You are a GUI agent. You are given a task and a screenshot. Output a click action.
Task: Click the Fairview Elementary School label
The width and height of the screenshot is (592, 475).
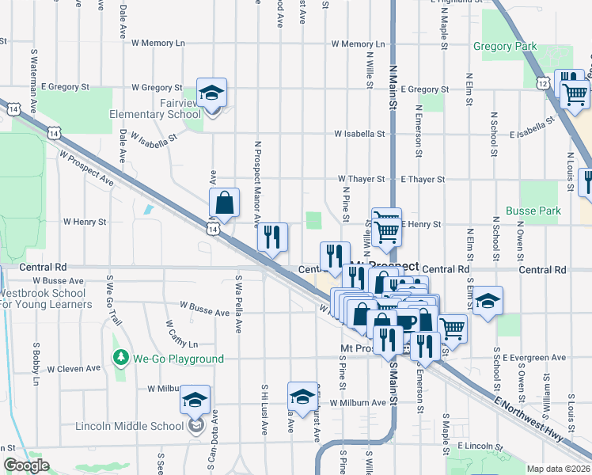coord(155,114)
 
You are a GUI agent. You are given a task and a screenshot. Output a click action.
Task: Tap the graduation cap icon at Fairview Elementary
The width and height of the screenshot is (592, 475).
coord(211,93)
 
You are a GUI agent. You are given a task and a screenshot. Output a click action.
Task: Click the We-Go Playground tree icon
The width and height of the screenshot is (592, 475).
coord(120,359)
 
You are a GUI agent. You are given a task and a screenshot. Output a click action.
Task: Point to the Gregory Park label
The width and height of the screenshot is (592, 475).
coord(505,46)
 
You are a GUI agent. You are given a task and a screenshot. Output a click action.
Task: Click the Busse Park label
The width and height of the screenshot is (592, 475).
coord(533,211)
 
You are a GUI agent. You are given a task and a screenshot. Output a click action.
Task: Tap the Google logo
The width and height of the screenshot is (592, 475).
coord(25,466)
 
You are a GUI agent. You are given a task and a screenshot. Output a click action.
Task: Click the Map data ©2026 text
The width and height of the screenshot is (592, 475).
coord(558,469)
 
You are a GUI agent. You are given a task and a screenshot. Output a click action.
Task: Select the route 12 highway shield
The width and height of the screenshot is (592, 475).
coord(542,82)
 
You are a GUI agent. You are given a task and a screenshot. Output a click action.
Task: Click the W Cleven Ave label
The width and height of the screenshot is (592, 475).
coord(74,368)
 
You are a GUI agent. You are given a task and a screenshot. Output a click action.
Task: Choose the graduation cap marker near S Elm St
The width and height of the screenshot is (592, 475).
coord(488,302)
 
